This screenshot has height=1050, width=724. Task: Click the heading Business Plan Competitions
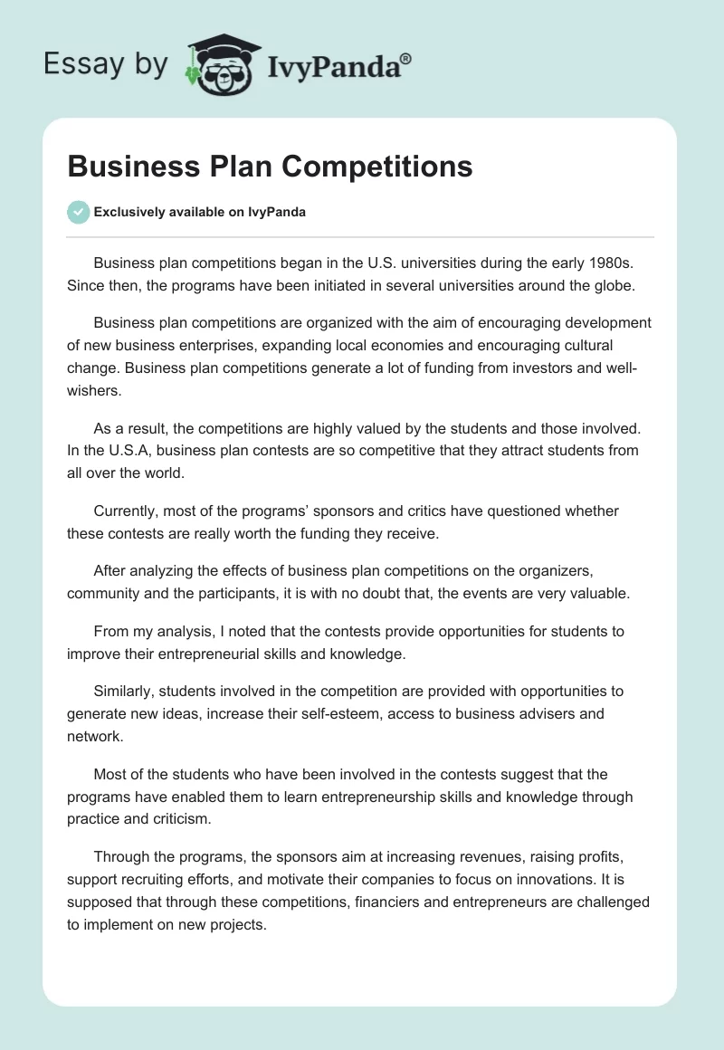(x=270, y=167)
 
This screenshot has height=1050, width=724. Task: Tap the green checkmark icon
(x=78, y=212)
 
